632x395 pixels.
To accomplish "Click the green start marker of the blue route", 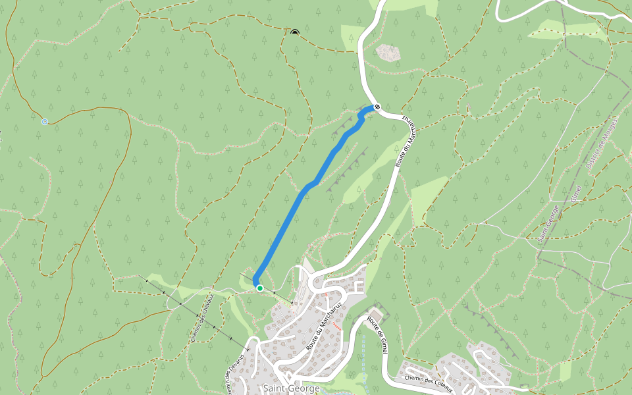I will pos(260,288).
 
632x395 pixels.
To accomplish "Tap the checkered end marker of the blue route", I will pos(377,107).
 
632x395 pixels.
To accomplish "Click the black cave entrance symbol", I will pos(294,32).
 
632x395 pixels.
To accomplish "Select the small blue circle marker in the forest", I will pos(45,122).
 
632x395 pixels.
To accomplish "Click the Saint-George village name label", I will pos(291,388).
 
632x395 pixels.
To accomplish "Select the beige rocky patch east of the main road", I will pos(388,53).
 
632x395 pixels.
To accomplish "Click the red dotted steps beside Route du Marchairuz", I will pos(338,325).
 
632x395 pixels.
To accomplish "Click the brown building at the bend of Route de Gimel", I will pos(375,311).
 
